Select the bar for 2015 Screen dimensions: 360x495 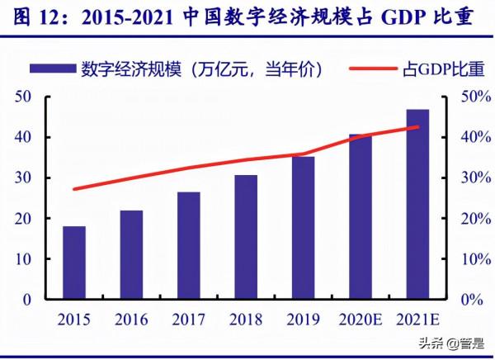tap(74, 263)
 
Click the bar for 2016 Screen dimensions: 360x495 tap(131, 254)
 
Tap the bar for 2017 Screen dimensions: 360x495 tap(188, 245)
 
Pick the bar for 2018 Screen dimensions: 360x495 tap(245, 237)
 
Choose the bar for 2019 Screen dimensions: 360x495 tap(303, 228)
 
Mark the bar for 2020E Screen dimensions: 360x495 tap(360, 216)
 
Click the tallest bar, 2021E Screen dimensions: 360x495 tap(417, 204)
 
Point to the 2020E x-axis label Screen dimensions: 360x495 tap(360, 319)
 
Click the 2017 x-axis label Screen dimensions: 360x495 tap(188, 319)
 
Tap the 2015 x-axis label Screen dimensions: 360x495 tap(74, 319)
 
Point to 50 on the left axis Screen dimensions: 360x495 tap(22, 97)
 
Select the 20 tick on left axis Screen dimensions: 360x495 tap(22, 219)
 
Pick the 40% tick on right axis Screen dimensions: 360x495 tap(465, 137)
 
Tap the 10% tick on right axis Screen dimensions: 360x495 tap(465, 259)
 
